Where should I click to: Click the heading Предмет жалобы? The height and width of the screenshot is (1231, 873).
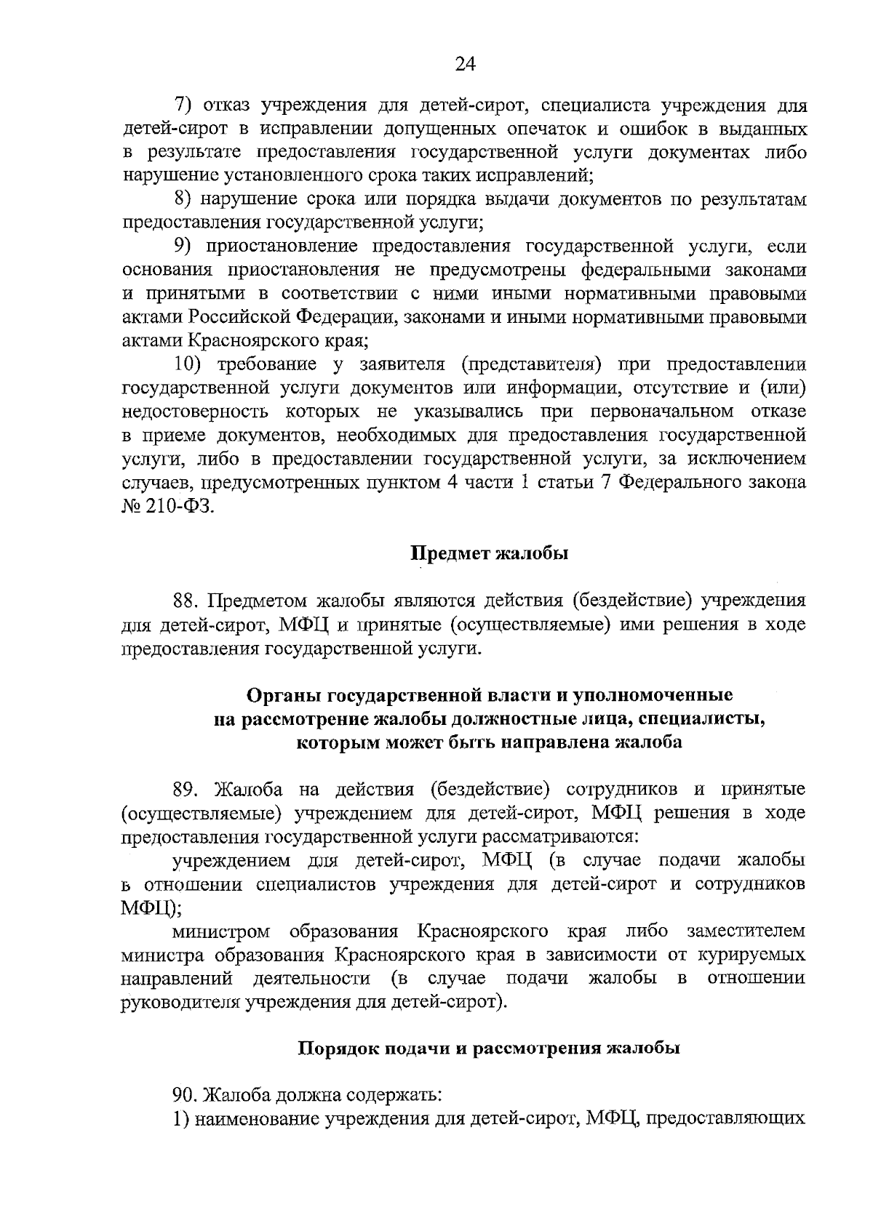[x=490, y=553]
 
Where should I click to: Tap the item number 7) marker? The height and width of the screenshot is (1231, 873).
[x=182, y=105]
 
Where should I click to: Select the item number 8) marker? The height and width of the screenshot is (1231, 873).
[x=182, y=199]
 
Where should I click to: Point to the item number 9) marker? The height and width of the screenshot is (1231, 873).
[x=182, y=246]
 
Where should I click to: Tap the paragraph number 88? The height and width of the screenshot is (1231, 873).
[x=186, y=601]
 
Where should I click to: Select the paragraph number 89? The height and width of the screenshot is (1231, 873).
[x=186, y=790]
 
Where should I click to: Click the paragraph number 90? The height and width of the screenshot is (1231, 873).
[x=185, y=1094]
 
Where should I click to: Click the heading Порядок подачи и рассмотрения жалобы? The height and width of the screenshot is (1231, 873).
[x=490, y=1048]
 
